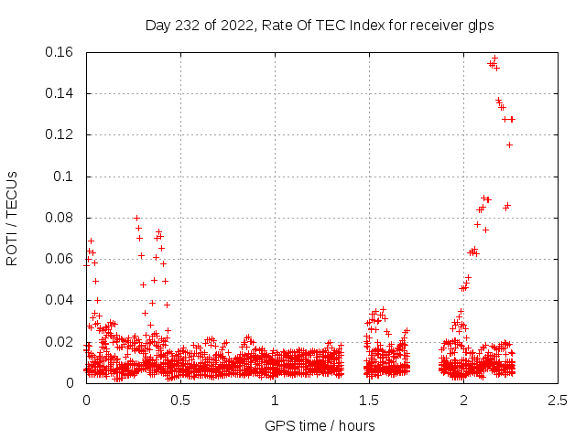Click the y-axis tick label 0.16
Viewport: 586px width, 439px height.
[x=60, y=52]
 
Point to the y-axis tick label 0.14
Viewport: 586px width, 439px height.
[x=60, y=93]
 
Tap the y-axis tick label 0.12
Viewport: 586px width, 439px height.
[x=60, y=134]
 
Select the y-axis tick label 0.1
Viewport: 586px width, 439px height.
[x=66, y=177]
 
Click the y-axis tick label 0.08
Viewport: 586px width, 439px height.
[x=60, y=218]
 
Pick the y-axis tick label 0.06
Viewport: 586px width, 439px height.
[x=60, y=259]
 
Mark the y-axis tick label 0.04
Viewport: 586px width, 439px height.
[x=60, y=300]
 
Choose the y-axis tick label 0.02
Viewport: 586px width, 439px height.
[x=60, y=342]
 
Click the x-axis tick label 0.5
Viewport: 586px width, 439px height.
[x=180, y=401]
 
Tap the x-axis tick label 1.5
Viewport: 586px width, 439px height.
[x=369, y=401]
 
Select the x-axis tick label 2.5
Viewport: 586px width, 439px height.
[x=558, y=401]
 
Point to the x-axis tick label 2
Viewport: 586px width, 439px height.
[x=463, y=401]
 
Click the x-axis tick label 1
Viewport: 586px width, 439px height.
[x=275, y=401]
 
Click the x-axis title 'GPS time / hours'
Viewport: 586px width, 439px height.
[x=320, y=425]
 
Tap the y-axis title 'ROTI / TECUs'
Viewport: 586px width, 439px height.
[x=13, y=218]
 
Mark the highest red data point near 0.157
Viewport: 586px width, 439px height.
[x=495, y=58]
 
